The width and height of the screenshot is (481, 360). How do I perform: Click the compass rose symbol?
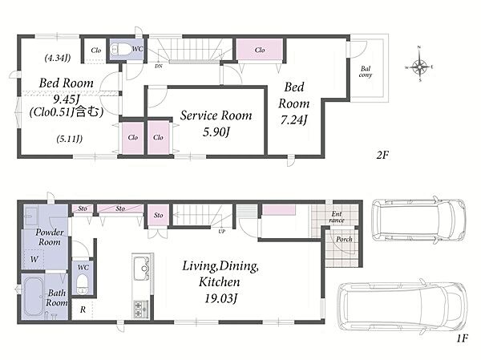point(419,67)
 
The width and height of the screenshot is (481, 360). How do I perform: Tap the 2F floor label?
point(382,156)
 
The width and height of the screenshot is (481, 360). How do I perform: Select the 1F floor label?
point(462,338)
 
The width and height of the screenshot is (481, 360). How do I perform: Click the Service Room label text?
point(216,115)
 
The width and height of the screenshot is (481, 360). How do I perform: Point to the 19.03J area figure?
point(221,298)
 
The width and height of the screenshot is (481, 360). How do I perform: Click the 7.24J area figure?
point(293,119)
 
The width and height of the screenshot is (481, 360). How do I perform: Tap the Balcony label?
point(366,71)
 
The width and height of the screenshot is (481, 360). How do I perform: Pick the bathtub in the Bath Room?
point(33,297)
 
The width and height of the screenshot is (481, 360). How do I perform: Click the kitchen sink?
point(142,269)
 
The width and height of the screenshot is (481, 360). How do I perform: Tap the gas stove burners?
point(141,309)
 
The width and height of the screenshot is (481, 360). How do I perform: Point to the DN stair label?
point(159,66)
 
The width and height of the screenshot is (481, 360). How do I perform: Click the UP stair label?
point(222,232)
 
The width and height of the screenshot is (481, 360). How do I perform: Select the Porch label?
point(344,239)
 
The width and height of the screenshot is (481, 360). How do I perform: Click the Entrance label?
point(337,217)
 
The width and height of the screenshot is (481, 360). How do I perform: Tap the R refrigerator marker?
point(83,309)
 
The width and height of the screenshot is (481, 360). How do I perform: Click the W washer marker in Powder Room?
point(34,259)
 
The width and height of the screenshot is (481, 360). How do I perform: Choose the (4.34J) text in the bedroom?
point(58,58)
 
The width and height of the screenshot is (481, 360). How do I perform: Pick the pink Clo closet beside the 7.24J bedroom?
point(259,50)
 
